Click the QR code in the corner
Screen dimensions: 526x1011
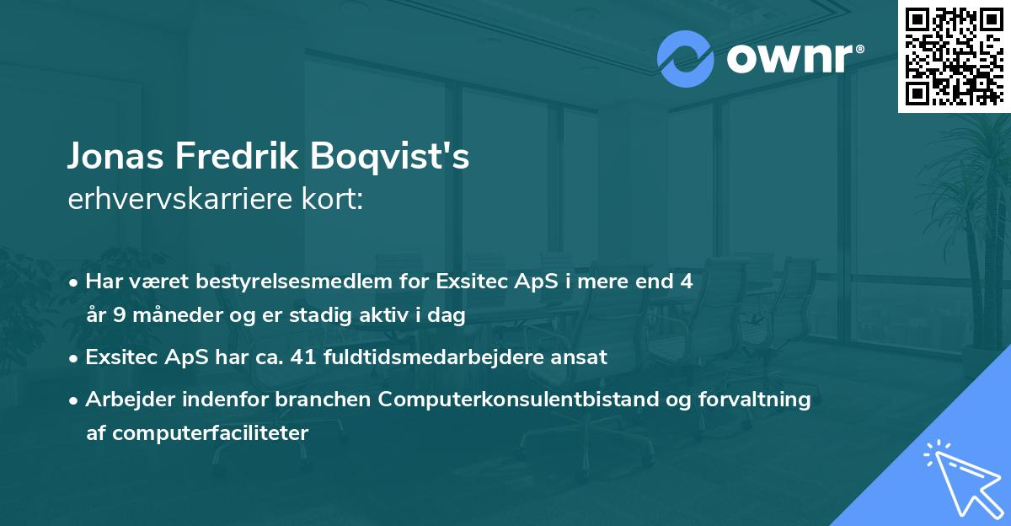coord(954,56)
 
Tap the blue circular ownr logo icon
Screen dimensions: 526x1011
coord(686,59)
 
